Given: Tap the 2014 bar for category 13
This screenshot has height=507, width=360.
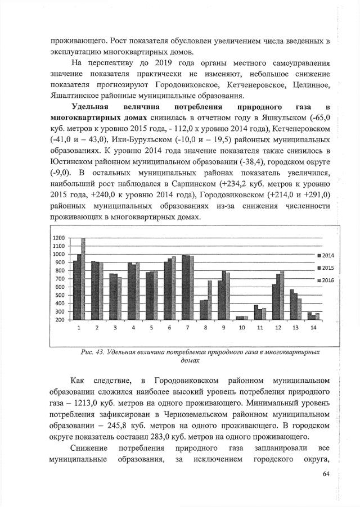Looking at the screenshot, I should [292, 305].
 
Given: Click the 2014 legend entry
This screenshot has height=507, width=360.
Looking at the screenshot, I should [325, 255].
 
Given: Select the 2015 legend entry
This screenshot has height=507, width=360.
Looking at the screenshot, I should [325, 268].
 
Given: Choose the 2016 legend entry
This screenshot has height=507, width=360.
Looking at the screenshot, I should [325, 279].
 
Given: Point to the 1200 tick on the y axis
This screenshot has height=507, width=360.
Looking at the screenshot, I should [59, 238].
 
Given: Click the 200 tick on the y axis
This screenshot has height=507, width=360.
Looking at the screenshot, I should [60, 320].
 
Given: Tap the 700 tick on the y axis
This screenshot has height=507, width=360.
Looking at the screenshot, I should [60, 279].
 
